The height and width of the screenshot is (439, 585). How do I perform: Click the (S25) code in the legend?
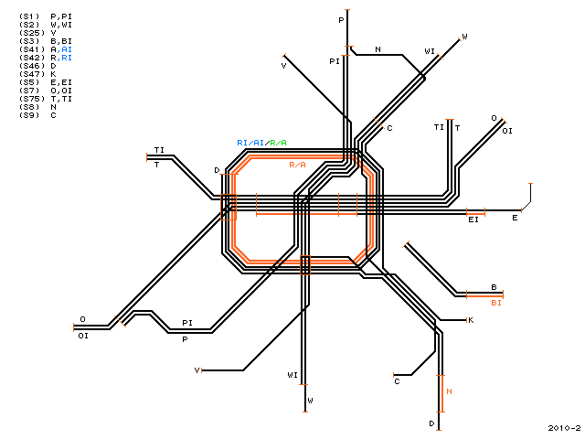tap(32, 33)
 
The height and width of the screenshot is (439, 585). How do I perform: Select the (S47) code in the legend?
tap(32, 74)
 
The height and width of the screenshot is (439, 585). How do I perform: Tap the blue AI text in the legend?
tap(67, 49)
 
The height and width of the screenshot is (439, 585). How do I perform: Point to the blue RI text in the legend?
tap(67, 58)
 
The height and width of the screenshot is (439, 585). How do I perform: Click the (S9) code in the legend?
tap(29, 115)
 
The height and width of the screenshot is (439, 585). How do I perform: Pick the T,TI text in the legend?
tap(61, 99)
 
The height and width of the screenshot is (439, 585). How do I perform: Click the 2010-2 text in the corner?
tap(564, 428)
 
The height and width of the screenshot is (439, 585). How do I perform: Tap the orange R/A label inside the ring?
tap(297, 165)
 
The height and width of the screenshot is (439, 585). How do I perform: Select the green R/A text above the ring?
tap(278, 143)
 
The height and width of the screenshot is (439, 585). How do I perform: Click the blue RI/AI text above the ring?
tap(250, 143)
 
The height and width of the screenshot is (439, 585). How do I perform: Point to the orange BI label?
tap(496, 303)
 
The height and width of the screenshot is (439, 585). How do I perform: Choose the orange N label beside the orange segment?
tap(449, 391)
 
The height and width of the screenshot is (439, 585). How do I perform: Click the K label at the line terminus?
tap(471, 320)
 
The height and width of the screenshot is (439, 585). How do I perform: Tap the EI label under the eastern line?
tap(473, 219)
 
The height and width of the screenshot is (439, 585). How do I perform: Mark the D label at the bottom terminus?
tap(431, 423)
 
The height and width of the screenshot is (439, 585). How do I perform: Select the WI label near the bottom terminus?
tap(292, 374)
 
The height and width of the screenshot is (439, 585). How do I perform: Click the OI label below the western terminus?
tap(83, 336)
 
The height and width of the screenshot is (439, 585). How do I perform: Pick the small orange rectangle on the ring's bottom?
tap(305, 265)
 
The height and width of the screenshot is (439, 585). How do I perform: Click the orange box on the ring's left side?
tap(229, 208)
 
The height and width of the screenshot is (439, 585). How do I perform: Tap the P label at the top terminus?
tap(341, 20)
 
